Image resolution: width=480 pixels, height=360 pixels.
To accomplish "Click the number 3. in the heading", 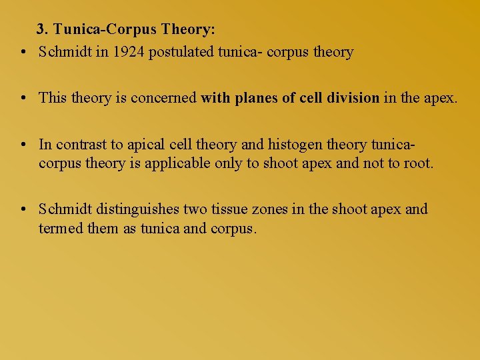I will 43,29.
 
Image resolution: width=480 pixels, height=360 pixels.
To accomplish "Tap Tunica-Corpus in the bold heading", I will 105,29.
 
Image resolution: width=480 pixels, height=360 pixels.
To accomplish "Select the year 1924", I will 129,52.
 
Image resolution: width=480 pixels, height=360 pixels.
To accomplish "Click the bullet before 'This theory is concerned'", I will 23,98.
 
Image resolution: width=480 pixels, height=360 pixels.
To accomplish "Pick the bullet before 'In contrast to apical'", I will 23,144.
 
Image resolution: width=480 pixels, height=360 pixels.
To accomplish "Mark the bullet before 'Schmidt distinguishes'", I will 23,209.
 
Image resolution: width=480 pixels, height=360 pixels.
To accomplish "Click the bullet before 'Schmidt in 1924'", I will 23,52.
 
